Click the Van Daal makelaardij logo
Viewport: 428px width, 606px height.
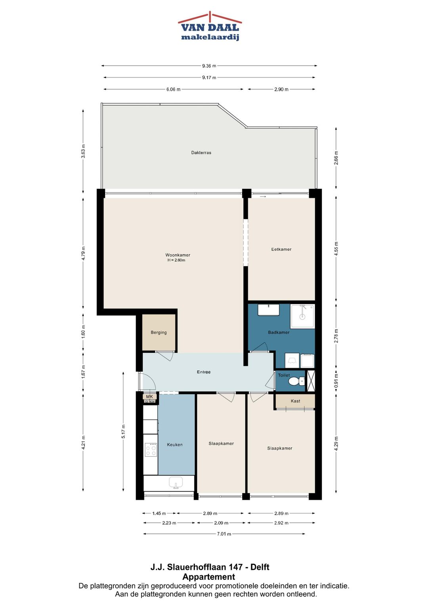point(210,26)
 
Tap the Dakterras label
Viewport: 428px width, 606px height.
point(201,152)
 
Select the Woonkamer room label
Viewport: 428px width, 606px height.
point(178,255)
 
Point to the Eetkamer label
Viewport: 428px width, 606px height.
point(281,249)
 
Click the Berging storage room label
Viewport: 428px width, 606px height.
point(159,333)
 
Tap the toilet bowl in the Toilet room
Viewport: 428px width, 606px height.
point(296,381)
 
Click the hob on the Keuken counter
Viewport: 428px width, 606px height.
point(151,450)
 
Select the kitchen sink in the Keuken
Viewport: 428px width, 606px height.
point(176,483)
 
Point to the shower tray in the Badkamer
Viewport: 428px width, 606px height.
point(302,316)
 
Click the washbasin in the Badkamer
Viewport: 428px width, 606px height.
point(268,310)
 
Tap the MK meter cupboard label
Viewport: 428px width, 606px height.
point(149,396)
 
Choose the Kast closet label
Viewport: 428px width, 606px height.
point(295,401)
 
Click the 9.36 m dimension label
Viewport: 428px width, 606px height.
point(209,66)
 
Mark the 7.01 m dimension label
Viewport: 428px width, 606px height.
point(224,534)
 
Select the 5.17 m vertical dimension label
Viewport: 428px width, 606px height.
point(123,431)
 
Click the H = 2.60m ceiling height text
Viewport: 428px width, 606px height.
point(176,260)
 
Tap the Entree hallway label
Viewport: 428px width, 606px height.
point(203,372)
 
